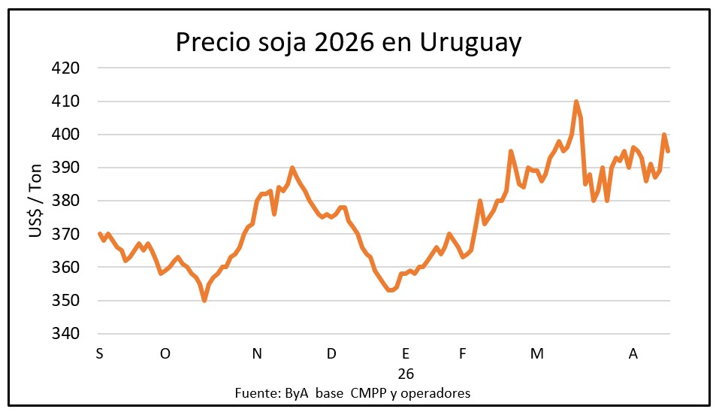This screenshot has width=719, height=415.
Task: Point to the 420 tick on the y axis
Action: (65, 68)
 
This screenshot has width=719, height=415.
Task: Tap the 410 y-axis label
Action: (65, 101)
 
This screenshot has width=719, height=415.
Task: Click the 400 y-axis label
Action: (65, 135)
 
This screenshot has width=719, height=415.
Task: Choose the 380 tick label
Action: (65, 201)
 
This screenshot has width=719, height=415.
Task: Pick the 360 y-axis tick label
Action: (65, 267)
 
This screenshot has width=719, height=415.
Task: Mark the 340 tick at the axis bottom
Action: (65, 333)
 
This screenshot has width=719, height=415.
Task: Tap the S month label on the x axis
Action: (99, 354)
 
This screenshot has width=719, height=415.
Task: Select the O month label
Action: (165, 354)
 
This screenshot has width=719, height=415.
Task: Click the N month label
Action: (257, 354)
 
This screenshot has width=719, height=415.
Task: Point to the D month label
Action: (331, 354)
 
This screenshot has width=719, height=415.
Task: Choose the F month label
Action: (463, 354)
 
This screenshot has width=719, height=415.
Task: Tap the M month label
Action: (536, 354)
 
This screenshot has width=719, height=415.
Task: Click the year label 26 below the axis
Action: (406, 374)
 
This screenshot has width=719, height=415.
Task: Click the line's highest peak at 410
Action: (576, 101)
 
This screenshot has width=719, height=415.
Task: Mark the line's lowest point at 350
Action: (204, 300)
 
